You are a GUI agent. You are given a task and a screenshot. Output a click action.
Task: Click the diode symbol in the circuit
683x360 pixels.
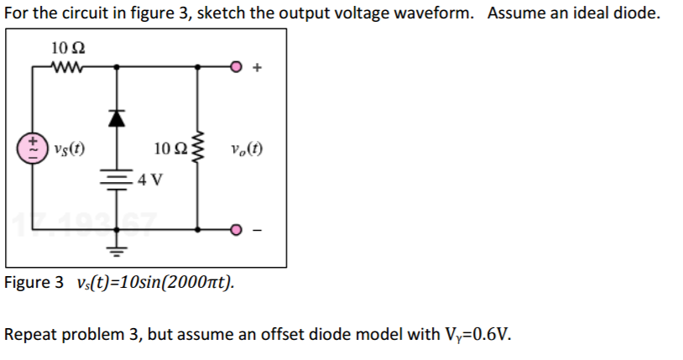pyautogui.click(x=117, y=120)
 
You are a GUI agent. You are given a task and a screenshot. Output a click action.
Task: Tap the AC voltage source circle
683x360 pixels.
pyautogui.click(x=34, y=150)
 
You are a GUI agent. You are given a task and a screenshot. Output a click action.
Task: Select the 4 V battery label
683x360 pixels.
pyautogui.click(x=151, y=180)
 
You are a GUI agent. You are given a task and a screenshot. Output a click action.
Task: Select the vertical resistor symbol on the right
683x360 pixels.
pyautogui.click(x=198, y=150)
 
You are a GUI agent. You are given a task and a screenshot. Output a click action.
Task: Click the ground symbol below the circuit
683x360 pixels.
pyautogui.click(x=117, y=249)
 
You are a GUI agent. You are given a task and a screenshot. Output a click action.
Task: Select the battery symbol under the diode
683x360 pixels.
pyautogui.click(x=117, y=177)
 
